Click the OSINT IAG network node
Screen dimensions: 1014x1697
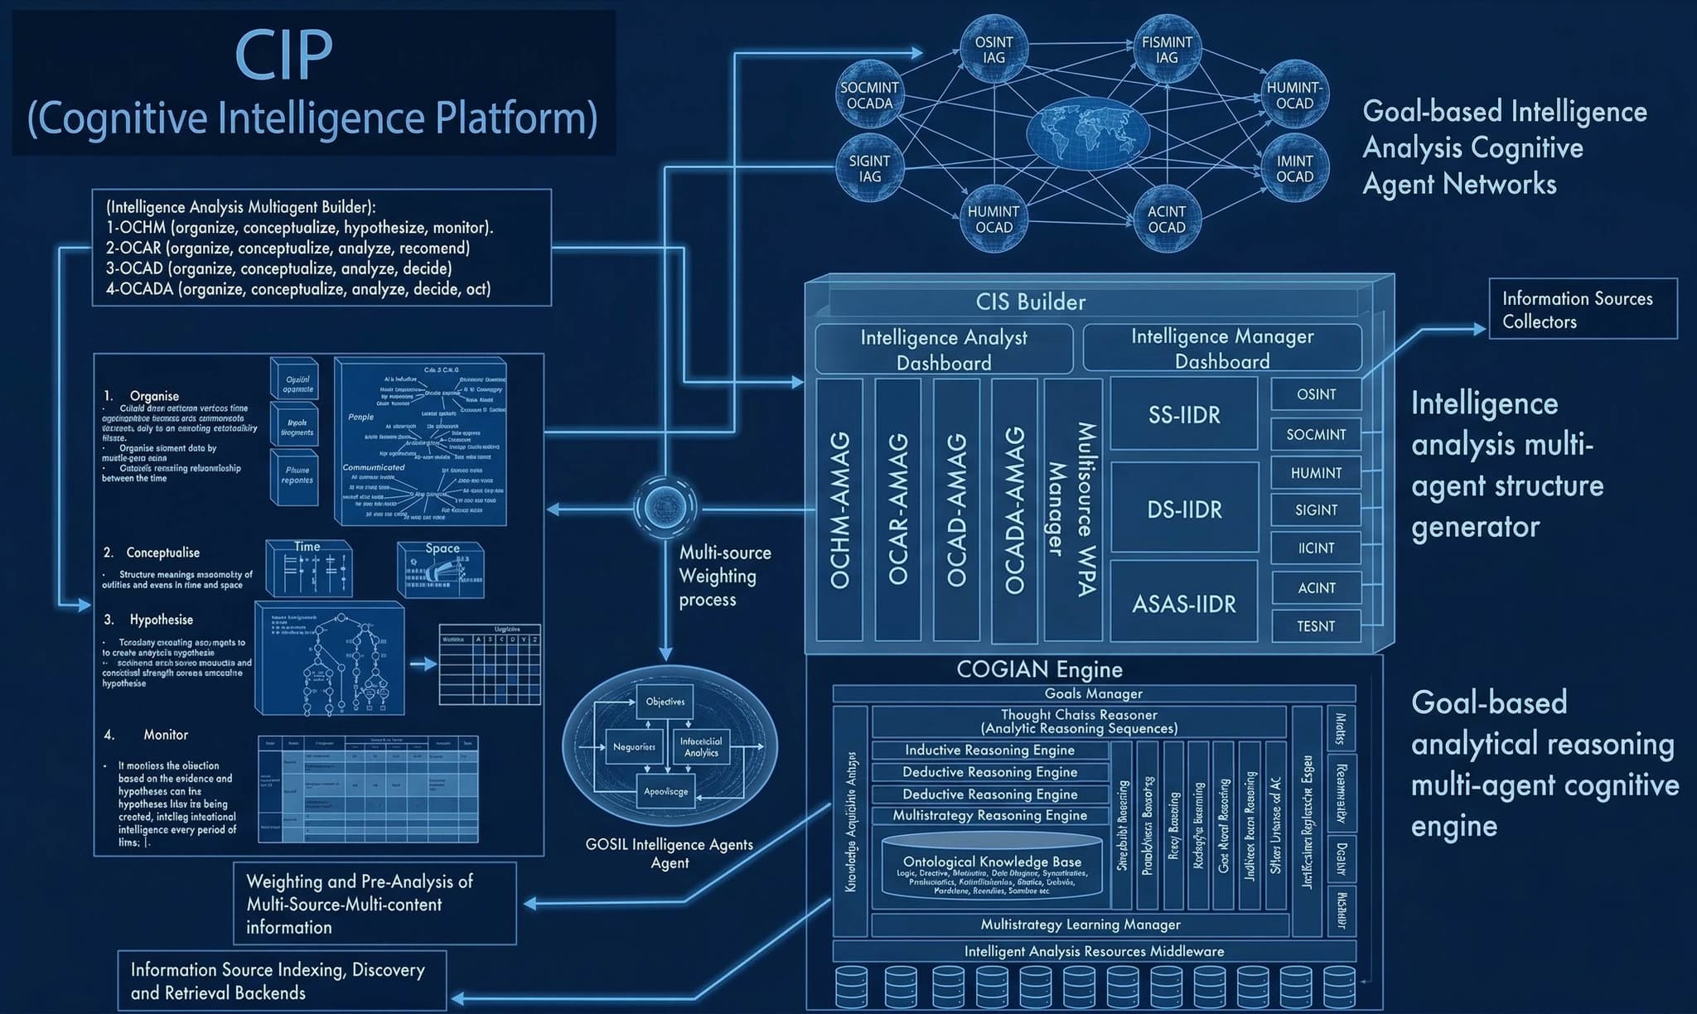994,51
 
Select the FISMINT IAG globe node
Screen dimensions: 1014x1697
1166,51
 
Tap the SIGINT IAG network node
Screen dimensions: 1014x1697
869,169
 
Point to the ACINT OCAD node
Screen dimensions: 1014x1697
1166,220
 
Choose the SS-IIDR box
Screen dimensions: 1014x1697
1184,415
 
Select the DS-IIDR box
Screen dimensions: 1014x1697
1184,509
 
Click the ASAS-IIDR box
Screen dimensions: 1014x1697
1184,603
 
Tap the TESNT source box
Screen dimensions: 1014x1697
1316,626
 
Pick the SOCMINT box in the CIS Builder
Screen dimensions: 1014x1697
1316,434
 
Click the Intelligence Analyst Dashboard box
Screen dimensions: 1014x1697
944,350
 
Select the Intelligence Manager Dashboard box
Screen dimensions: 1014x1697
1222,349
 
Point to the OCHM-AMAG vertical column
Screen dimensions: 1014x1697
839,509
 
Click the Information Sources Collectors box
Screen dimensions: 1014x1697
1583,309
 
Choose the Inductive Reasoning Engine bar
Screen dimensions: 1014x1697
989,750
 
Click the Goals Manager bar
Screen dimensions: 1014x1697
1093,693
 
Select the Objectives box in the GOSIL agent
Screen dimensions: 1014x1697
665,702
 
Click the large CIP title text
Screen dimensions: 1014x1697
284,55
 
